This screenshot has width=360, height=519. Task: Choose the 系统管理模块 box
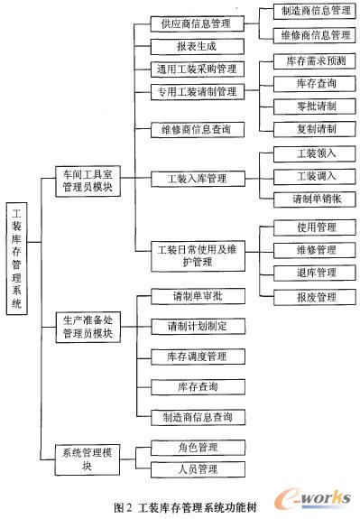tap(87, 458)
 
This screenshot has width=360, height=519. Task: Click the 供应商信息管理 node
tap(196, 22)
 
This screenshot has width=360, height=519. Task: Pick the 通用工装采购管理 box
tap(196, 69)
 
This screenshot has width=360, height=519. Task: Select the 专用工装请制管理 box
tap(196, 91)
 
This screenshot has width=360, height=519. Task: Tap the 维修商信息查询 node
tap(196, 129)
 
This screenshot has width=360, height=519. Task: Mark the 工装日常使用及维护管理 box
tap(196, 255)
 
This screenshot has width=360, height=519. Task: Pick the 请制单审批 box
tap(196, 296)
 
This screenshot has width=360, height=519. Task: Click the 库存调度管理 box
tap(196, 357)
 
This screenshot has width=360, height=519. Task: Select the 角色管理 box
tap(196, 447)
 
